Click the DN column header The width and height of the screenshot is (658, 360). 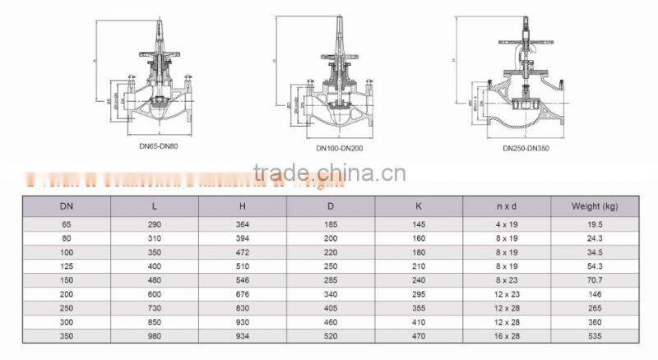66,205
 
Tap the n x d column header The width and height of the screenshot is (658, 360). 507,205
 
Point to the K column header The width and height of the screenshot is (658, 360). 419,205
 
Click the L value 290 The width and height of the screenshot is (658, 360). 155,224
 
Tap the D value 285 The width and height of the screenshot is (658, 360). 331,280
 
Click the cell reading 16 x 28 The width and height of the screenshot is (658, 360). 507,336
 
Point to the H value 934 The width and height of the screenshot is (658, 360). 243,336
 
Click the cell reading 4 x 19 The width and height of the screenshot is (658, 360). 507,224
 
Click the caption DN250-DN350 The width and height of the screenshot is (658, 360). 525,149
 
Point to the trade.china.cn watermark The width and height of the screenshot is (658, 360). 329,173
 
